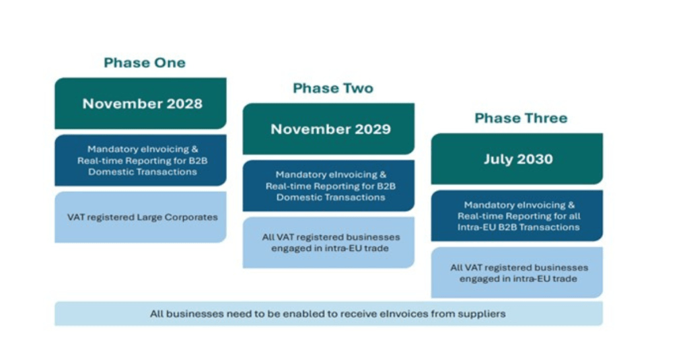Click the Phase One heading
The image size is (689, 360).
coord(145,63)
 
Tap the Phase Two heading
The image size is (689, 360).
coord(333,88)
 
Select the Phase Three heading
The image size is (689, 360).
coord(521,118)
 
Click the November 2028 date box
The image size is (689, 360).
coord(141,104)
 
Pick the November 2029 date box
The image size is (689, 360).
coord(328,129)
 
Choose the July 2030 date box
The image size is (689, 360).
coord(517,159)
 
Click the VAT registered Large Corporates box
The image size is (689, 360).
coord(141,217)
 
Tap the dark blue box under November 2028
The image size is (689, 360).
coord(141,160)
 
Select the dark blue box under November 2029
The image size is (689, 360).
coord(328,186)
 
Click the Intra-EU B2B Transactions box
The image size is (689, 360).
coord(517,216)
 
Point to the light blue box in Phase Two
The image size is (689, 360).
coord(328,243)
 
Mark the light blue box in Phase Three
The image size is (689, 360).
coord(517,273)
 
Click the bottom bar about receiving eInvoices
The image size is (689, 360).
coord(328,314)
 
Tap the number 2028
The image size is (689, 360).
coord(185,104)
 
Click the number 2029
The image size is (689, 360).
coord(373,129)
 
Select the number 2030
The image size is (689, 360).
coord(535,159)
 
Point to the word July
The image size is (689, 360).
coord(499,159)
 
